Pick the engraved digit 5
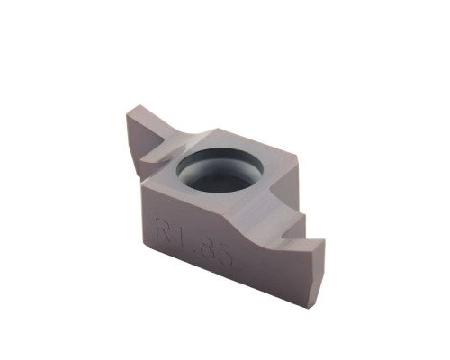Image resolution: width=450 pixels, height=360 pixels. [223, 254]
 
